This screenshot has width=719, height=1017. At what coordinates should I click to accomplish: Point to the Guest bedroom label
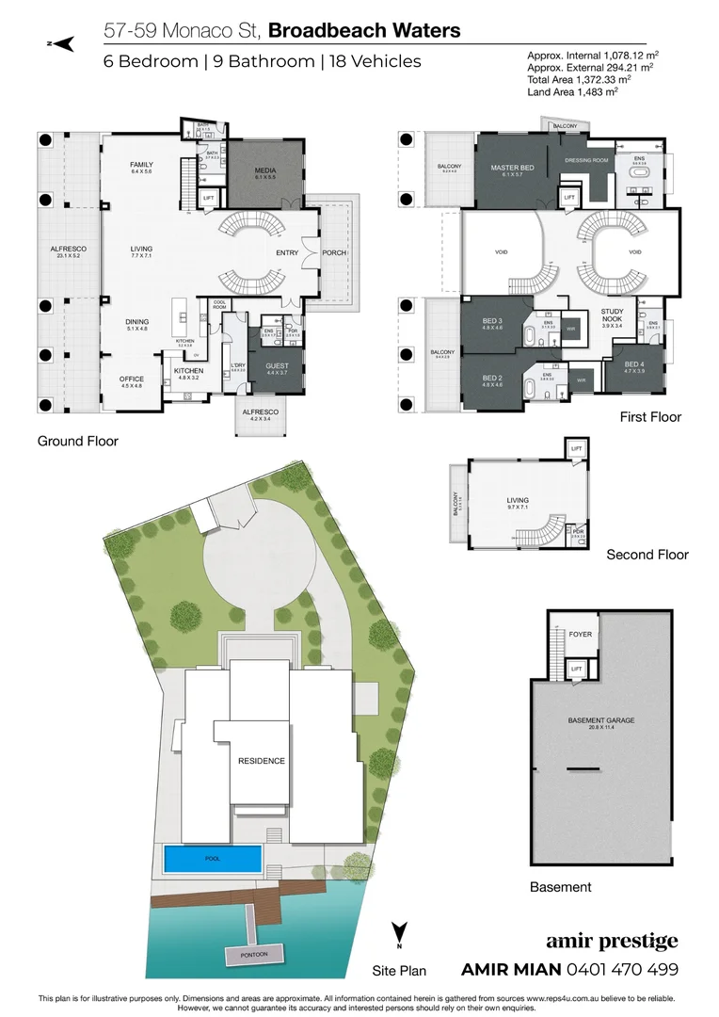(x=277, y=368)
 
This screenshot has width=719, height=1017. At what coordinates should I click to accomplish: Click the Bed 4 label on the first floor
(x=634, y=367)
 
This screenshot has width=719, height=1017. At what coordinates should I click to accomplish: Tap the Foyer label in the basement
(x=581, y=635)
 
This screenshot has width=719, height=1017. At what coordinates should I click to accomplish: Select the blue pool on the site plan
(x=212, y=859)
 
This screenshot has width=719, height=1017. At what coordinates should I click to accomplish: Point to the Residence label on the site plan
(x=261, y=761)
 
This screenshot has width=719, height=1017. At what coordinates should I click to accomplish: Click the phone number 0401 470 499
(x=622, y=970)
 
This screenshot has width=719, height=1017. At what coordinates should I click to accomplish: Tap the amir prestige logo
(x=612, y=943)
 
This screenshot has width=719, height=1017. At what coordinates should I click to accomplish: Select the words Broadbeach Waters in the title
(x=364, y=30)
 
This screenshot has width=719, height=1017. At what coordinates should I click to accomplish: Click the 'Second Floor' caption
(x=647, y=555)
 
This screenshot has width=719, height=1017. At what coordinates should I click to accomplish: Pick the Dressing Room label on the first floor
(x=587, y=161)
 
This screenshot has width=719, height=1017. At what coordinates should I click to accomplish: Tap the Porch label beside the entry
(x=333, y=252)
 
